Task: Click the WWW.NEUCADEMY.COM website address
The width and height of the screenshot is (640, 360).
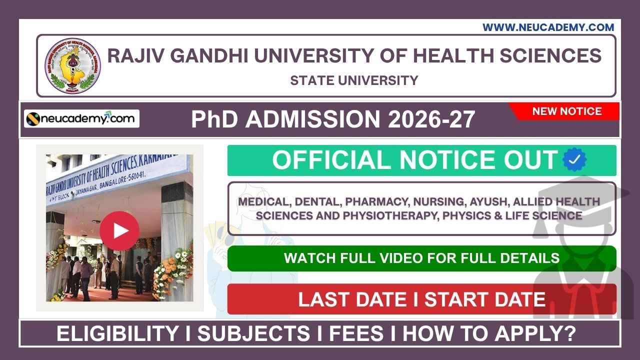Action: click(x=548, y=27)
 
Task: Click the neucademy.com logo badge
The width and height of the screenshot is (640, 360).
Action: click(x=81, y=118)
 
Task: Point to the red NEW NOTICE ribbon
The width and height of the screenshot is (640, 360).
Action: click(x=566, y=111)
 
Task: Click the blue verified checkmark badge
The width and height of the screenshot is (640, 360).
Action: click(x=574, y=160)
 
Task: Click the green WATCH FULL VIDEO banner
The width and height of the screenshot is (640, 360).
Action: click(x=421, y=258)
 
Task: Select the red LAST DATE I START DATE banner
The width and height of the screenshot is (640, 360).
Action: click(x=421, y=299)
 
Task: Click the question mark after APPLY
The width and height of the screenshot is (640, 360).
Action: click(x=569, y=334)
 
